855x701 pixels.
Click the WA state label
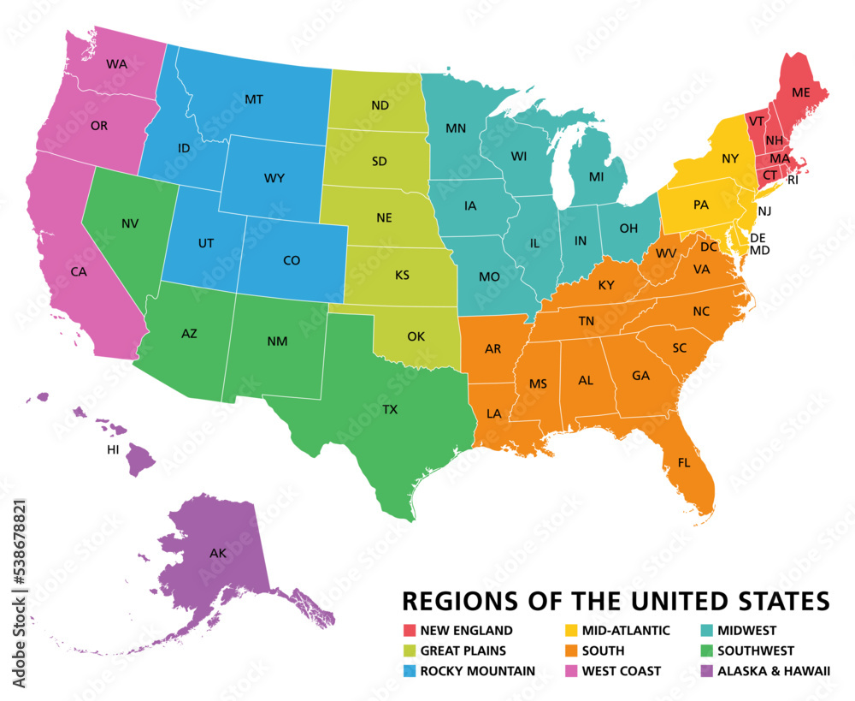[x=116, y=64]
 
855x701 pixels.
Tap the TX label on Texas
[x=390, y=410]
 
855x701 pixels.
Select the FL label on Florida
[x=684, y=462]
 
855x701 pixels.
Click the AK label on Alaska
[x=218, y=554]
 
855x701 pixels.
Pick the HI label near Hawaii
[x=113, y=449]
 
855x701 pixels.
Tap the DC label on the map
[x=708, y=247]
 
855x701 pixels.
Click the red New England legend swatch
[x=410, y=631]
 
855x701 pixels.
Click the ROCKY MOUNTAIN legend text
[x=478, y=671]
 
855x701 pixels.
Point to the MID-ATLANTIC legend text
[x=626, y=631]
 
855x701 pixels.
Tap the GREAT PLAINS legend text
[x=463, y=651]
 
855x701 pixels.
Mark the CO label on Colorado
[x=291, y=260]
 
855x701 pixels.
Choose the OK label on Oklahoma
[x=416, y=336]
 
